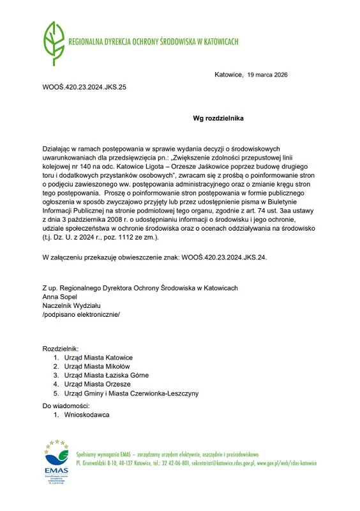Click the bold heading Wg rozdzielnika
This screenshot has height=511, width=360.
pos(218,118)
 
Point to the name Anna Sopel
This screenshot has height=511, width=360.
pos(60,296)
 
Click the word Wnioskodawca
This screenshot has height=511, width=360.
pos(87,415)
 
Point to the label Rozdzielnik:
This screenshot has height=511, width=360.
pos(61,348)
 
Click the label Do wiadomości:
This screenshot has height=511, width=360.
pos(66,406)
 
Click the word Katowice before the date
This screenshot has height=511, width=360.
pos(229,75)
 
